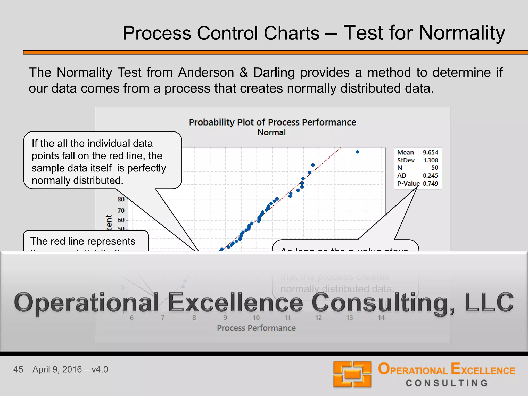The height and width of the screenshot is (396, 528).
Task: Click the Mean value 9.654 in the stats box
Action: pyautogui.click(x=430, y=152)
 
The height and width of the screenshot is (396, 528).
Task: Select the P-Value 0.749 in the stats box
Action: pyautogui.click(x=430, y=184)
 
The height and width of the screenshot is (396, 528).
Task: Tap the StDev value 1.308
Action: pyautogui.click(x=431, y=160)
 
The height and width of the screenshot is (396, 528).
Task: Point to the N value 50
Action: pyautogui.click(x=434, y=168)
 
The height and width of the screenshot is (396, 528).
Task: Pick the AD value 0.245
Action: pyautogui.click(x=430, y=176)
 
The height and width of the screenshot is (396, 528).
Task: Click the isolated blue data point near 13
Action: pyautogui.click(x=357, y=152)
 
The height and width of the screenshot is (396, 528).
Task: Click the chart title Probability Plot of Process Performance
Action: pyautogui.click(x=272, y=122)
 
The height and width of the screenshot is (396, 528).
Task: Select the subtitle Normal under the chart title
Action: pyautogui.click(x=271, y=133)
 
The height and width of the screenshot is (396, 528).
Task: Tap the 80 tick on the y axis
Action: pyautogui.click(x=121, y=199)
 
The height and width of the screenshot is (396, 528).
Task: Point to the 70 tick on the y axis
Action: pyautogui.click(x=121, y=211)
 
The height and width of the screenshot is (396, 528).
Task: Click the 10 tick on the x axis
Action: pyautogui.click(x=256, y=318)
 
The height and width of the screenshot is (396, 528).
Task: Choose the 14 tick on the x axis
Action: pyautogui.click(x=381, y=318)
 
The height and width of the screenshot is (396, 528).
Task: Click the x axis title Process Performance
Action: pyautogui.click(x=256, y=328)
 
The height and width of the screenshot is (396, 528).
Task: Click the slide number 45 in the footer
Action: pyautogui.click(x=18, y=369)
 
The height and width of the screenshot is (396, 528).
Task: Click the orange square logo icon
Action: pyautogui.click(x=352, y=374)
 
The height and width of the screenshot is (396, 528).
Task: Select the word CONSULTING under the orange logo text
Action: pyautogui.click(x=447, y=383)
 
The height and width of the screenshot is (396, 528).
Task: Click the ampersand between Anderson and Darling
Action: pyautogui.click(x=244, y=72)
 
